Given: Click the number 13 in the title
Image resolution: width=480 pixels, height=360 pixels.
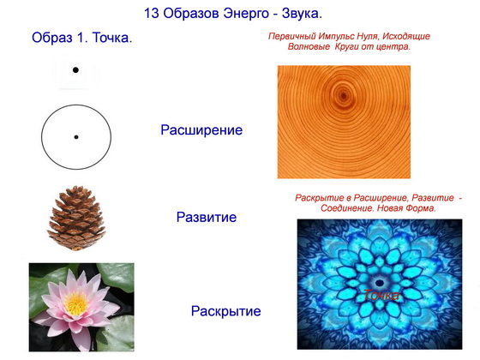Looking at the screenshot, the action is point(151,14).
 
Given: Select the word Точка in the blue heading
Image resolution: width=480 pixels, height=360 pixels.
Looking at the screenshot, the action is point(111,38).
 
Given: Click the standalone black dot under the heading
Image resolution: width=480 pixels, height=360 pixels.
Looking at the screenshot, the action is point(75,70).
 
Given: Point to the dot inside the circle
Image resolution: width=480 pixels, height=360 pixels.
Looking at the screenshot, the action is point(76,137).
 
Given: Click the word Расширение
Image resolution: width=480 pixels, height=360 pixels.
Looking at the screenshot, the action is point(201,130).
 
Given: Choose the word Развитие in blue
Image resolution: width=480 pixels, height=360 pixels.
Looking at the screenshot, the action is point(207,218).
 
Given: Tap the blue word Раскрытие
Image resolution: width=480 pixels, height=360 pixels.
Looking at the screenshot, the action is point(226,311).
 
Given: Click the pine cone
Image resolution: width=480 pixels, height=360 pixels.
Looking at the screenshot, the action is point(76,218).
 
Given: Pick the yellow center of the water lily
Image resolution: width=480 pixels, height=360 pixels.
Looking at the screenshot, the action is point(76,303).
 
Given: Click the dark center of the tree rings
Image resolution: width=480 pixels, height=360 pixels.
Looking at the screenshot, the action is point(343,96).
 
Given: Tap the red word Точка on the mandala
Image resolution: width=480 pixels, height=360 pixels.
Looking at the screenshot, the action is point(381,295).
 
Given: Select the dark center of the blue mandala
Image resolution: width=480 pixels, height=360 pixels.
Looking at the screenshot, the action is point(380,283).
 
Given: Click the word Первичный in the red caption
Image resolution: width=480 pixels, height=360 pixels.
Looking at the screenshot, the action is point(292,36).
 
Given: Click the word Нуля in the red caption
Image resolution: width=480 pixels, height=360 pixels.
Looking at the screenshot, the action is point(369,36).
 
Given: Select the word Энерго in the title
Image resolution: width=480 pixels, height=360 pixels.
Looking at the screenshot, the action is point(246,14).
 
